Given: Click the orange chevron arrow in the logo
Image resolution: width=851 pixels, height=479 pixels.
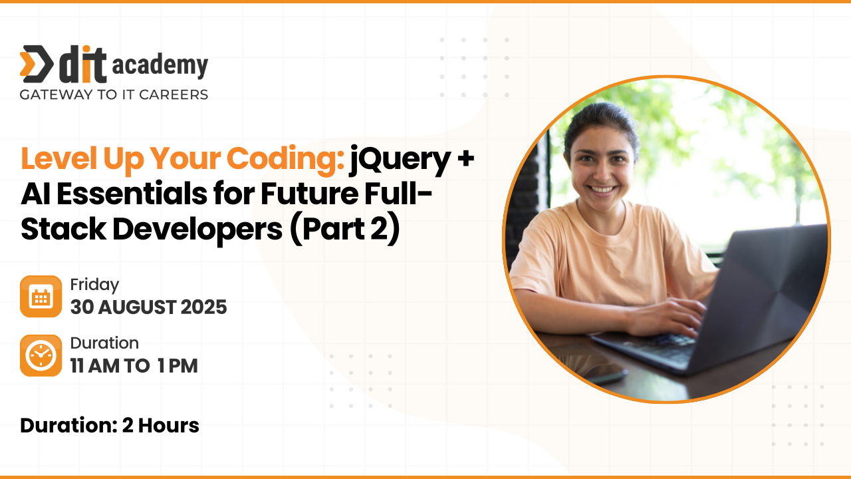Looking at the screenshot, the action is (27, 64).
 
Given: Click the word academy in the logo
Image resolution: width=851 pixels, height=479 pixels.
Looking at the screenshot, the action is (160, 65).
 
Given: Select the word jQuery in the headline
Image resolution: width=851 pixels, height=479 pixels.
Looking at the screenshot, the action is (400, 160).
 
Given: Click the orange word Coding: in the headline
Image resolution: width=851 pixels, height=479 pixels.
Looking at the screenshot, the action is (286, 160).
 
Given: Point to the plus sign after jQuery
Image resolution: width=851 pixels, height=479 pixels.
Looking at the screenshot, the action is (466, 158).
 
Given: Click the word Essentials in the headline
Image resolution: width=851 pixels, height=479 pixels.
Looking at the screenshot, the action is (132, 194).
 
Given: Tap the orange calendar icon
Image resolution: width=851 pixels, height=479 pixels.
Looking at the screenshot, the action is (41, 297).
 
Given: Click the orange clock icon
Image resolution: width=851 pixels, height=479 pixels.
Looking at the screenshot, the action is (41, 355).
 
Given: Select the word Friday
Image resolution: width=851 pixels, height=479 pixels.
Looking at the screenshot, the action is (94, 285).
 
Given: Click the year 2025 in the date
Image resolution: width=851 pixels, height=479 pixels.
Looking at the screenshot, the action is (203, 307).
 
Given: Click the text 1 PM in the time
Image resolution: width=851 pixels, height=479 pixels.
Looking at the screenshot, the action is (178, 366).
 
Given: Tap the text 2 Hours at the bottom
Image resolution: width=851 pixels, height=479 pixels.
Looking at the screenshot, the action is (161, 425).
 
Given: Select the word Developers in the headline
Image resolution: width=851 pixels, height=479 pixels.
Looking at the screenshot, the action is (197, 230).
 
